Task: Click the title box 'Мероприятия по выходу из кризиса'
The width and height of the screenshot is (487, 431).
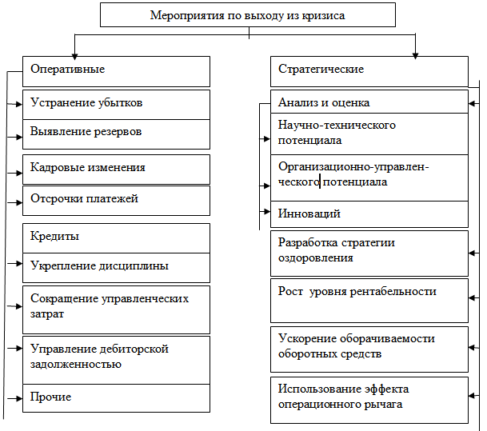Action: click(x=248, y=15)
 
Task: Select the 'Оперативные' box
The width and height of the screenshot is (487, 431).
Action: click(x=116, y=71)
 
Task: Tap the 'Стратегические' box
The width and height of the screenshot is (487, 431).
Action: click(x=369, y=71)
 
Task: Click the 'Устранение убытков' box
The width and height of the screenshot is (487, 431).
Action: click(x=116, y=105)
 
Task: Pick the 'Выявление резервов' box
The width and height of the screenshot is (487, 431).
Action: click(x=116, y=134)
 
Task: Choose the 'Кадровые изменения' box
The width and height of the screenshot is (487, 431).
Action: click(x=116, y=170)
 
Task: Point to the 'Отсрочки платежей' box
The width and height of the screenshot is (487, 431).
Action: click(x=116, y=201)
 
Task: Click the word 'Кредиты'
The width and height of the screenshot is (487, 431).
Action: click(x=54, y=237)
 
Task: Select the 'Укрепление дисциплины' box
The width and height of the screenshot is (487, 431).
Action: click(x=116, y=268)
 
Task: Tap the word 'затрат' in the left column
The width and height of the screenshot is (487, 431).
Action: click(x=47, y=314)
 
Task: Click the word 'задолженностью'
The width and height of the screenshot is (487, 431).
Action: click(x=76, y=365)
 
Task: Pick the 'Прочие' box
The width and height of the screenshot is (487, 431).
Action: click(x=116, y=398)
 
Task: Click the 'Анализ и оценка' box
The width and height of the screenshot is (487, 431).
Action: click(x=369, y=102)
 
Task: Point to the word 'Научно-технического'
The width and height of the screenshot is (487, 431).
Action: click(x=337, y=125)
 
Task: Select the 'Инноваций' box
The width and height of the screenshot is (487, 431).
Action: click(x=369, y=214)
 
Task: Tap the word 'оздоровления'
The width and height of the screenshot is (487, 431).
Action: click(x=316, y=258)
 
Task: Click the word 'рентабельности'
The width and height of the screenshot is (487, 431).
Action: click(x=393, y=292)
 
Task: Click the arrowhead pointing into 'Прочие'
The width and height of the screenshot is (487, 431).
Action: click(x=19, y=398)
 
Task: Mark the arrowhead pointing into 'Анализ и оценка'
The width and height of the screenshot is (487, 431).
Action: click(x=472, y=103)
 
